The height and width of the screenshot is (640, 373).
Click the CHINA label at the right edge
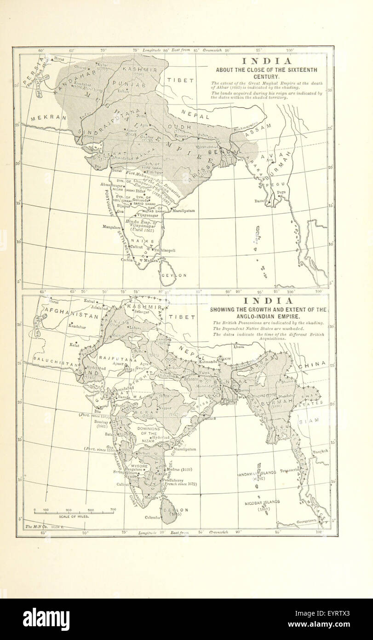click(x=311, y=365)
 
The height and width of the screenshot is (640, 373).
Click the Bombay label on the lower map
click(x=102, y=421)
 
